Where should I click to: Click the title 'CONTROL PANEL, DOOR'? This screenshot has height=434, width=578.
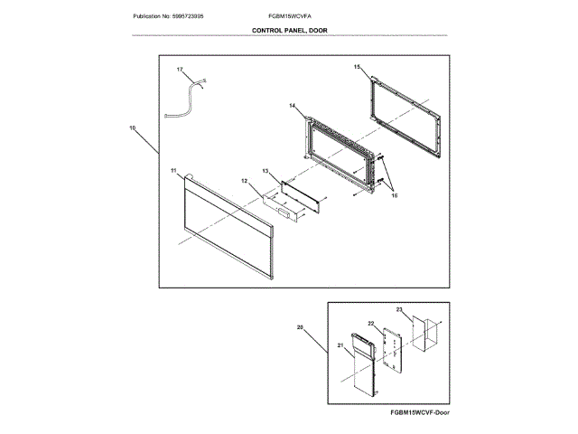[x=288, y=30]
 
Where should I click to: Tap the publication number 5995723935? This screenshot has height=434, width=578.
[x=167, y=17]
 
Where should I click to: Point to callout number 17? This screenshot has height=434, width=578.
[x=179, y=70]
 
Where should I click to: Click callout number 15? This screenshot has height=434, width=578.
[x=357, y=67]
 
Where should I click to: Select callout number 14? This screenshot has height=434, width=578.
[x=293, y=107]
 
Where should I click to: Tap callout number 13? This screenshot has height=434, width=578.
[x=266, y=170]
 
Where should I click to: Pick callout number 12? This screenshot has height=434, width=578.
[x=244, y=181]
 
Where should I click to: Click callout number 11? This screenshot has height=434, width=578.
[x=172, y=170]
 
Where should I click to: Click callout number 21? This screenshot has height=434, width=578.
[x=340, y=346]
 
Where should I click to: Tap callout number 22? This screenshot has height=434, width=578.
[x=370, y=323]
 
